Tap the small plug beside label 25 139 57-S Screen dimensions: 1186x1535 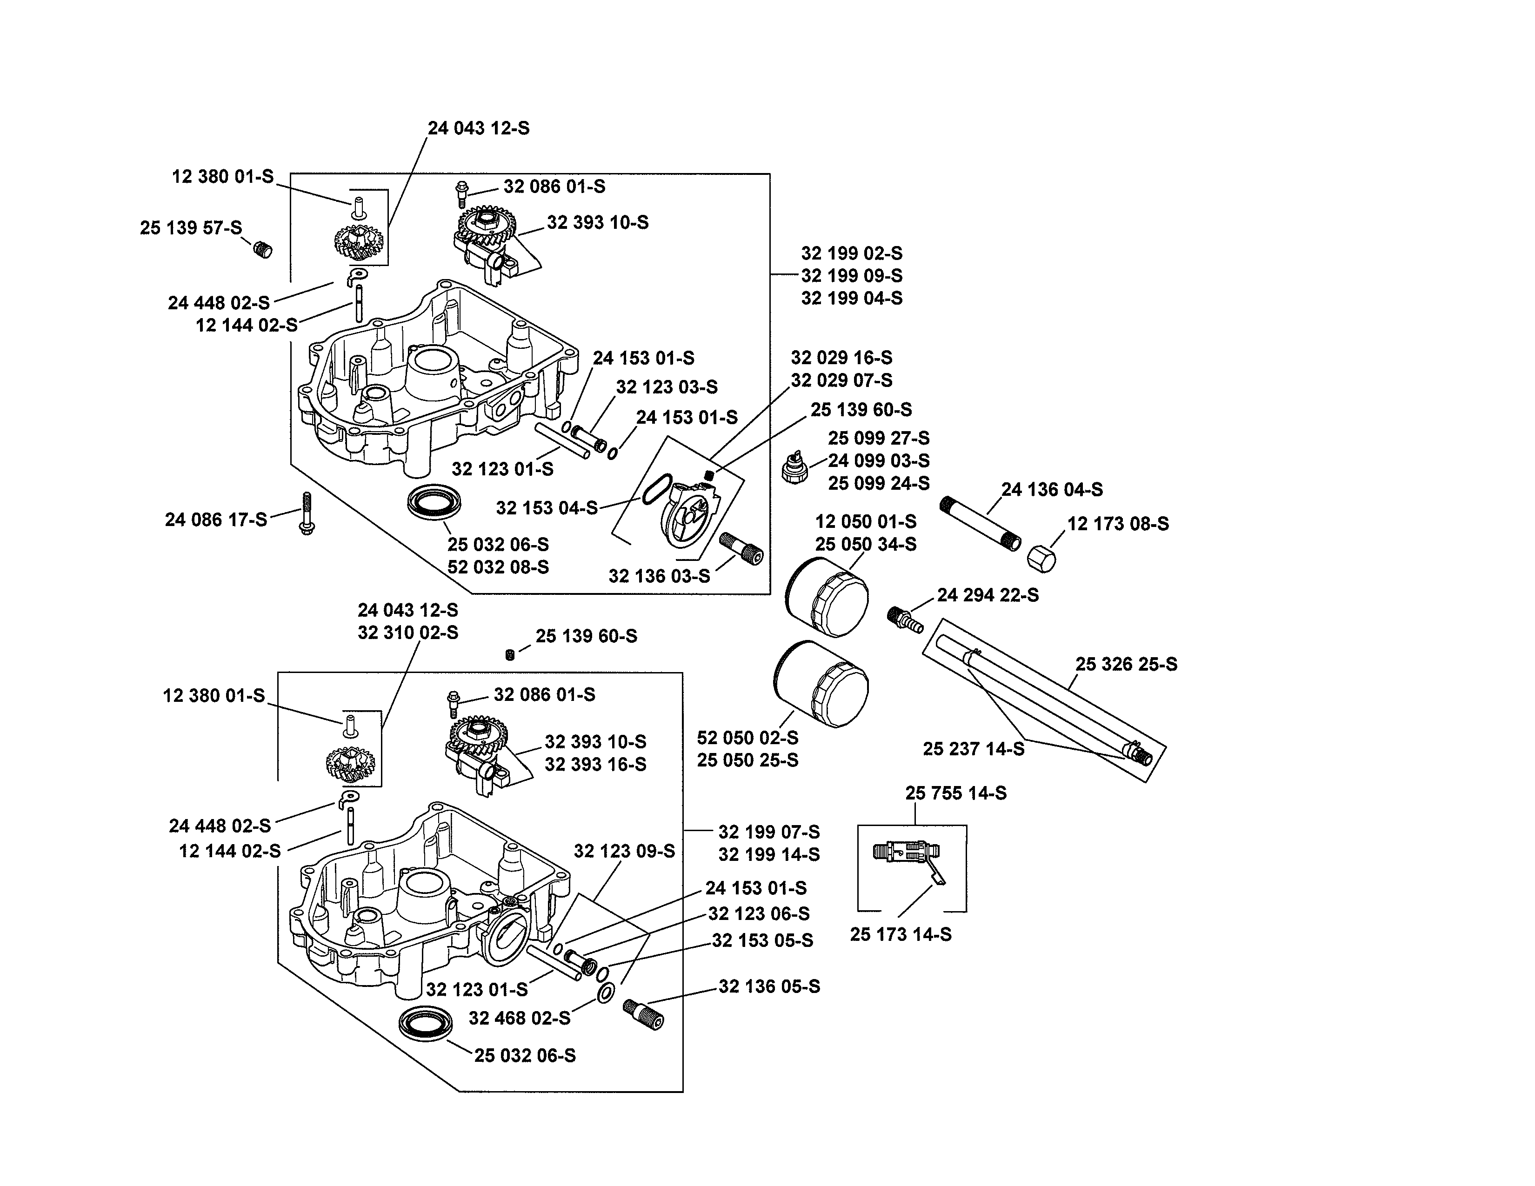(262, 249)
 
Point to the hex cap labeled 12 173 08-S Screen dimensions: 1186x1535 (1041, 559)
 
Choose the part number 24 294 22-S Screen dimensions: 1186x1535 (988, 595)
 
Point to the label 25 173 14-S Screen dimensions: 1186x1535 (901, 934)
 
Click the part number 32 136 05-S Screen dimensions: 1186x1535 (769, 986)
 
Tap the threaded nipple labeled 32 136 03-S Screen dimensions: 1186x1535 (741, 548)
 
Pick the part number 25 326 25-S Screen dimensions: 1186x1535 (1126, 664)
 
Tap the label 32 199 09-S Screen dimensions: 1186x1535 (851, 275)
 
